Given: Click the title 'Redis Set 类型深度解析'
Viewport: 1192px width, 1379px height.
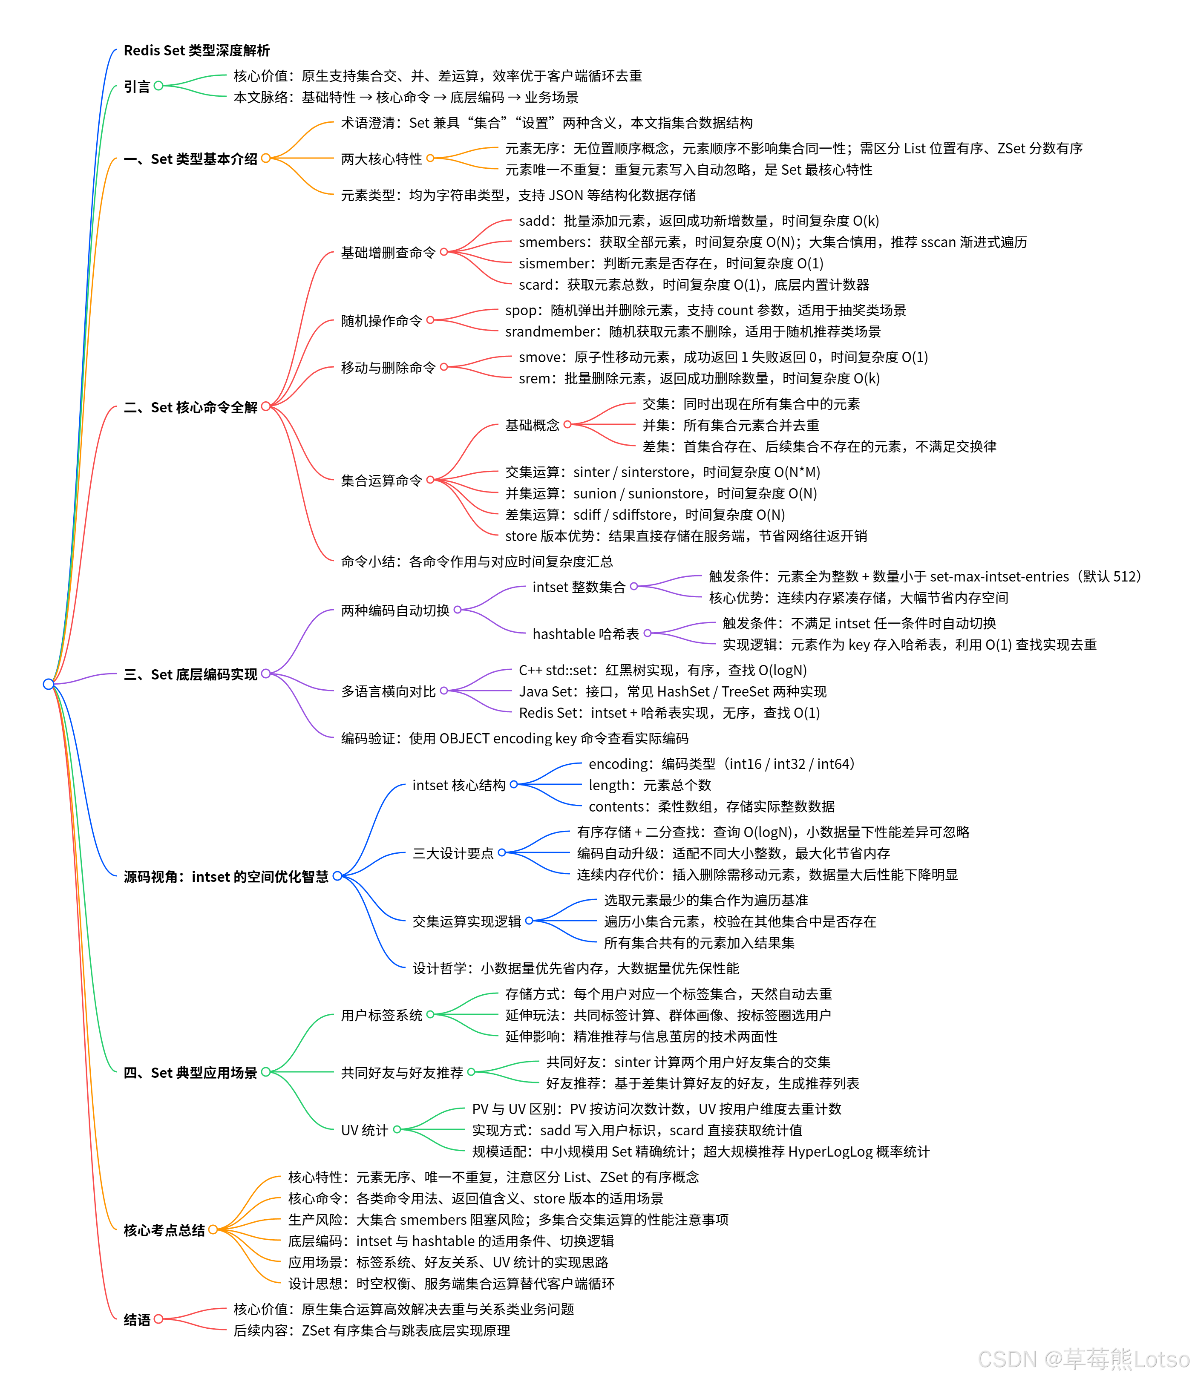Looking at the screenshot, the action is (x=196, y=51).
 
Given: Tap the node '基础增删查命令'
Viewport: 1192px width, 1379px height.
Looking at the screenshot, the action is (x=388, y=252).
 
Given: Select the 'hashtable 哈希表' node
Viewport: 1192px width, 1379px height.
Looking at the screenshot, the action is (x=586, y=633).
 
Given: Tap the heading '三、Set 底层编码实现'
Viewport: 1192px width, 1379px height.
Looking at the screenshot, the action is (x=190, y=674).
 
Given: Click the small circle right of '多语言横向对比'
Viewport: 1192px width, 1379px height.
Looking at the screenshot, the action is (x=444, y=691).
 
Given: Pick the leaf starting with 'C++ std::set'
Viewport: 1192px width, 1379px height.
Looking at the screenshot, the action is (x=663, y=670).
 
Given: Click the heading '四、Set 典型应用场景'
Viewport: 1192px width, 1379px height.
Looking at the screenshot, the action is (x=190, y=1072).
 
